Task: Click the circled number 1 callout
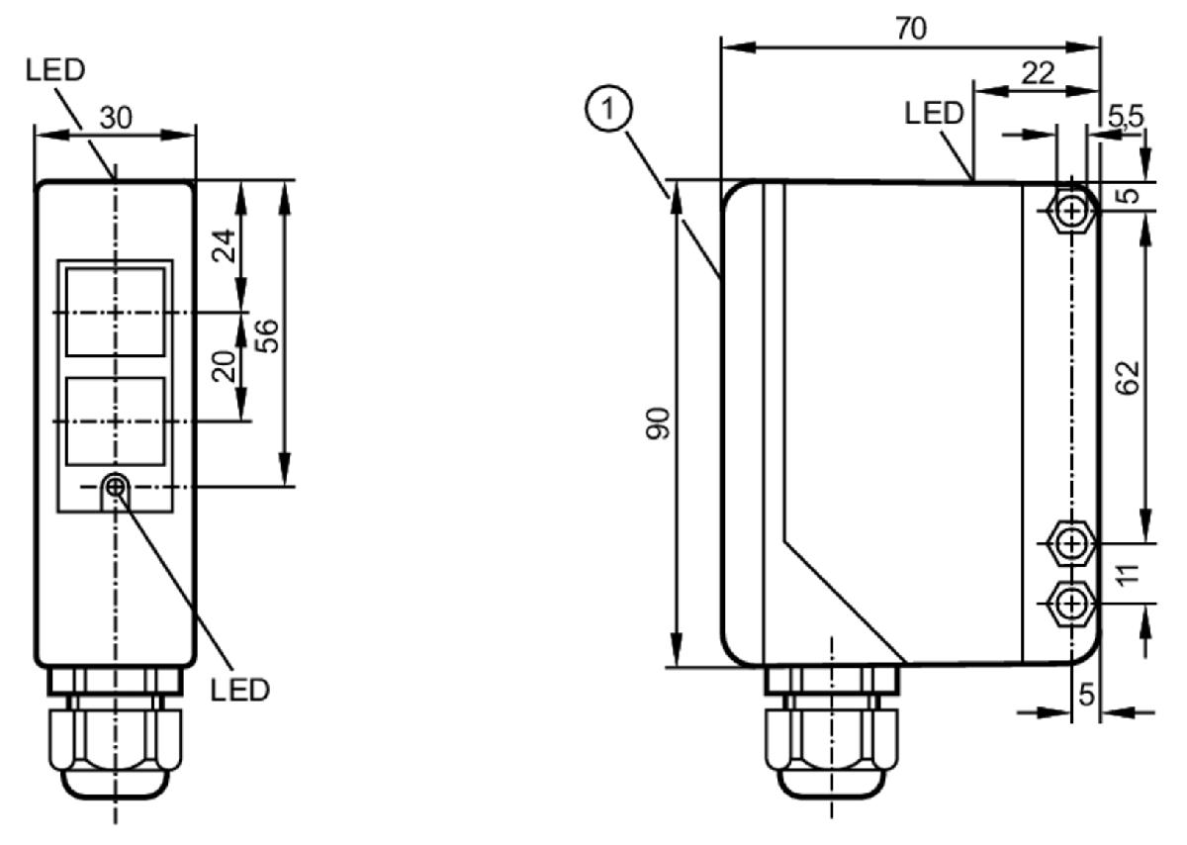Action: tap(608, 108)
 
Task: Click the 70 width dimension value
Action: tap(910, 28)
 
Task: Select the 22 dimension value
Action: tap(1038, 72)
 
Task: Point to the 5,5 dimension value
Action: tap(1126, 116)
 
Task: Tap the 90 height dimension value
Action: tap(658, 423)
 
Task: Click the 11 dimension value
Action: tap(1129, 574)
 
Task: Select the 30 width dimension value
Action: tap(116, 117)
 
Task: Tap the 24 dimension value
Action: tap(224, 245)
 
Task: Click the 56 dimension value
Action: tap(266, 335)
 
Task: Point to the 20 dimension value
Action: tap(224, 366)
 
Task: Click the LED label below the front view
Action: tap(240, 690)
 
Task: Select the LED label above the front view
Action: tap(55, 70)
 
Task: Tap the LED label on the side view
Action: tap(934, 113)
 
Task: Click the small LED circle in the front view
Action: tap(115, 486)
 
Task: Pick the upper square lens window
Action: tap(115, 312)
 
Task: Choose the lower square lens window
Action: tap(115, 422)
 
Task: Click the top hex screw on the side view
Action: tap(1071, 211)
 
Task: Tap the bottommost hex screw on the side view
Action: tap(1071, 604)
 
